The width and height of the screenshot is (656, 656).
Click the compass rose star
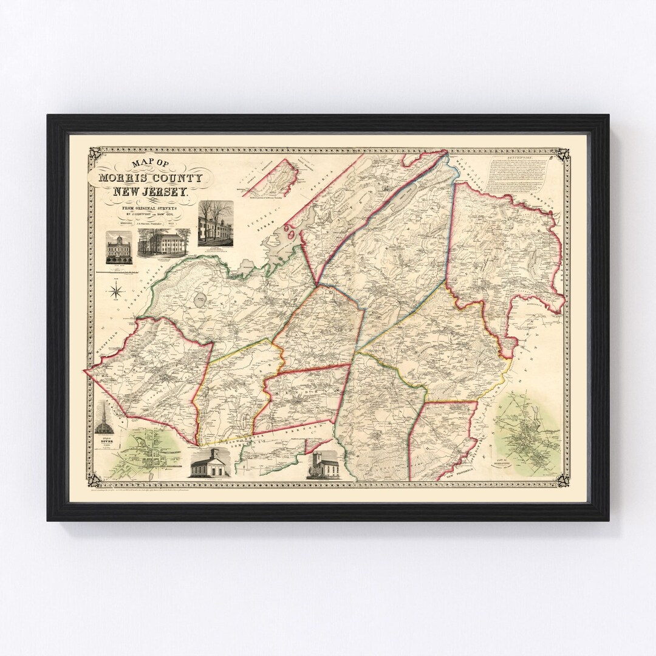(115, 292)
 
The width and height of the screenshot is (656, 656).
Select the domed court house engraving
(118, 247)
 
